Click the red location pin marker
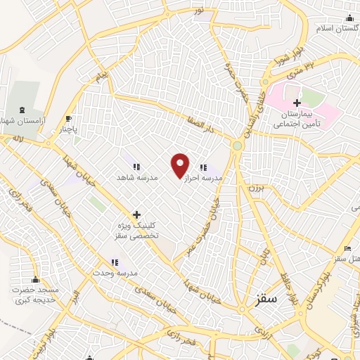[180, 165]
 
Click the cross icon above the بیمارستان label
[297, 103]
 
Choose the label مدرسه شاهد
[137, 179]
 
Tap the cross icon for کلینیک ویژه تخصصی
[136, 214]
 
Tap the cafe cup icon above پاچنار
[68, 118]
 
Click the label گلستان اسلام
[336, 30]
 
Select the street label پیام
[103, 73]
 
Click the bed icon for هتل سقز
[347, 249]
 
